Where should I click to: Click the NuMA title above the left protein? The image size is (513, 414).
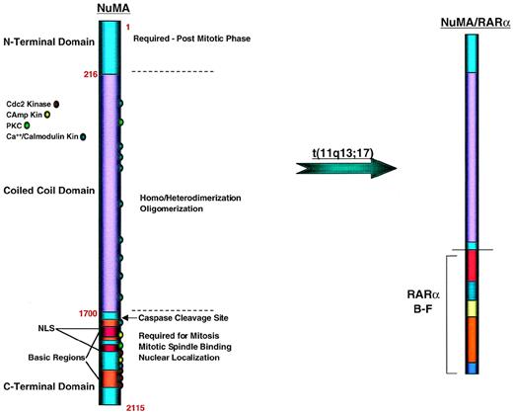tap(110, 9)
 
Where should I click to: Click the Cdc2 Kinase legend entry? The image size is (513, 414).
tap(31, 102)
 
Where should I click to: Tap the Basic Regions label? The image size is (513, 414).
tap(37, 357)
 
